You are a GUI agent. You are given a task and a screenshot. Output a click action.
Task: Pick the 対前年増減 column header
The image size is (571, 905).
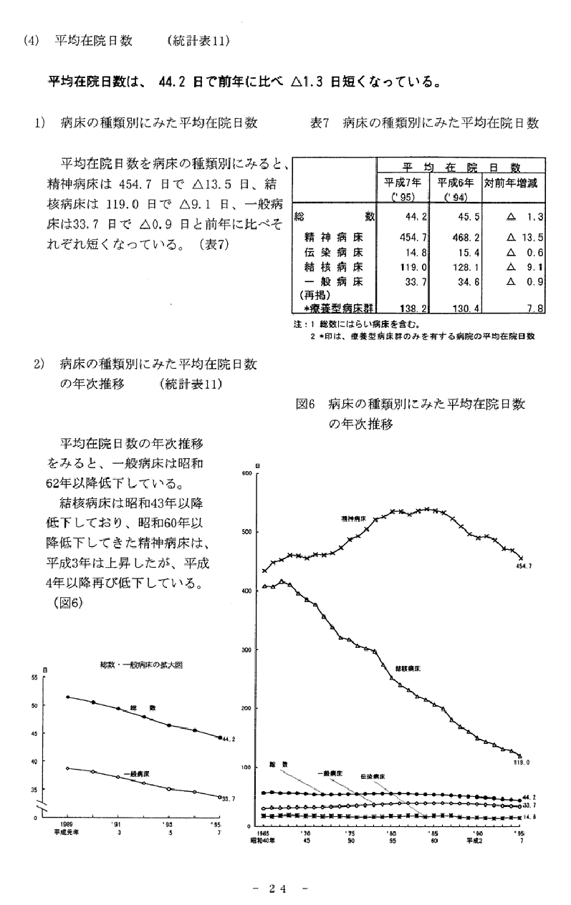click(511, 183)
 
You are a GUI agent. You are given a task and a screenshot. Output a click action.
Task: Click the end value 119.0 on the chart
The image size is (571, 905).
click(521, 763)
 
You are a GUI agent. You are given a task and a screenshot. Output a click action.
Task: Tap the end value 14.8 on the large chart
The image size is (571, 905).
click(527, 816)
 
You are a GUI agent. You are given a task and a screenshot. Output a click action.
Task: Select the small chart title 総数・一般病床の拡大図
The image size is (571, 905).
click(141, 665)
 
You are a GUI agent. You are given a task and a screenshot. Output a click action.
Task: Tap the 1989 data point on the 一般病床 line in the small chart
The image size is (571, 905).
click(67, 768)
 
